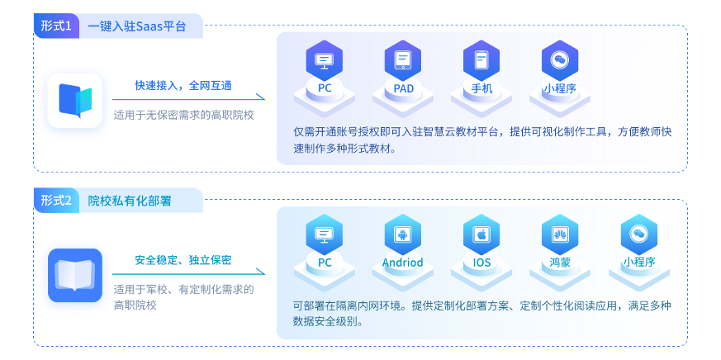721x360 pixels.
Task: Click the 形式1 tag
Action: [56, 26]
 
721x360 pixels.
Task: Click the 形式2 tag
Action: [56, 201]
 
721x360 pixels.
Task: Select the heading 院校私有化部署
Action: [130, 201]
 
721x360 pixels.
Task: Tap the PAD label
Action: [404, 88]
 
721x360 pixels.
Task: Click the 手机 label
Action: [482, 88]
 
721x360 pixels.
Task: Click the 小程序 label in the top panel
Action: [559, 88]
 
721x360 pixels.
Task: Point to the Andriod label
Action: [402, 263]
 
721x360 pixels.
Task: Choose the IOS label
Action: [481, 263]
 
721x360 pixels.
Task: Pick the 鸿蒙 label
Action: [560, 263]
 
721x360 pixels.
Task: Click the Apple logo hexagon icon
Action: [481, 235]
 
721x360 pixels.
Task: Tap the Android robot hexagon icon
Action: [402, 235]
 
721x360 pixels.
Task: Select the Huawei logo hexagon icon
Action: [560, 235]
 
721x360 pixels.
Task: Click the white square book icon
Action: [75, 98]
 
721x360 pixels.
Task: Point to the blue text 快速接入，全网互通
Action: [183, 84]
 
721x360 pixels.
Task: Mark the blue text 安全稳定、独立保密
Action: [183, 260]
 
